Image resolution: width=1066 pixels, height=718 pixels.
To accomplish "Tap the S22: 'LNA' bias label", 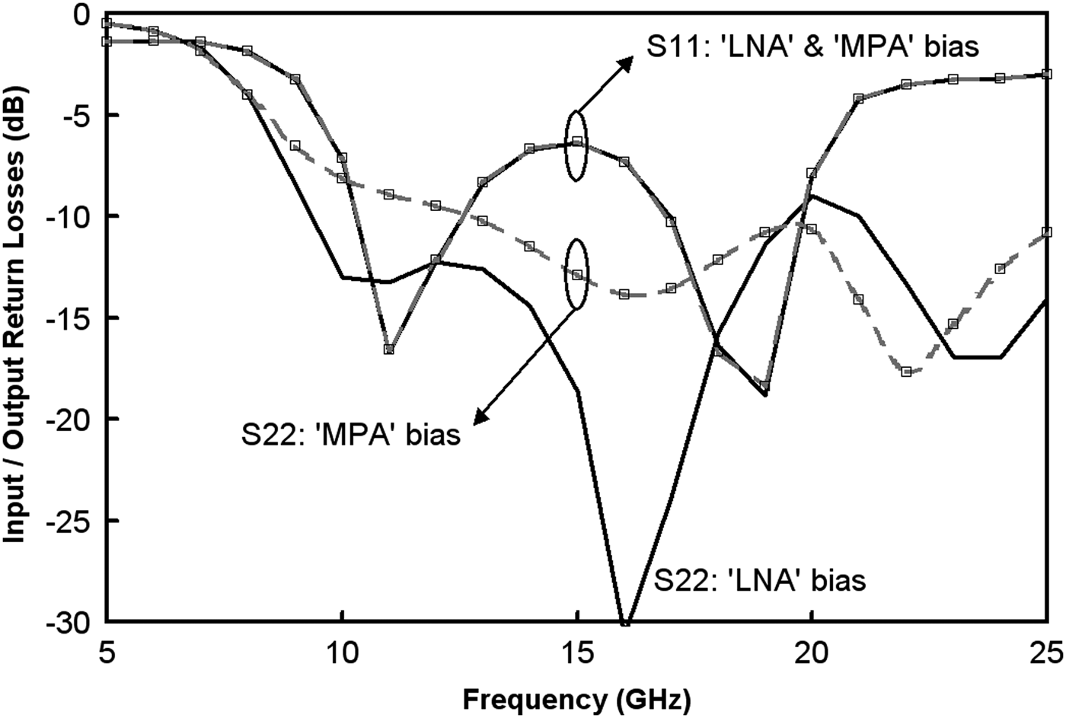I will pos(760,581).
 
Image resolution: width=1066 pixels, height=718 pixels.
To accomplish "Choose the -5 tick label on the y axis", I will pos(81,116).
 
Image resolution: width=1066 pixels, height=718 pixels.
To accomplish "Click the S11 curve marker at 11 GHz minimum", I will pos(389,349).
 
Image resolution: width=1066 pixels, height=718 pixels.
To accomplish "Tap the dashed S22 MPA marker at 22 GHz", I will pos(906,372).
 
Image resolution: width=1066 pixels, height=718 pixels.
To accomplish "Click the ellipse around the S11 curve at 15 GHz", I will pos(577,146).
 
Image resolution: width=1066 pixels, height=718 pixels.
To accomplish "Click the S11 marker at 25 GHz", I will pos(1047,74).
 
